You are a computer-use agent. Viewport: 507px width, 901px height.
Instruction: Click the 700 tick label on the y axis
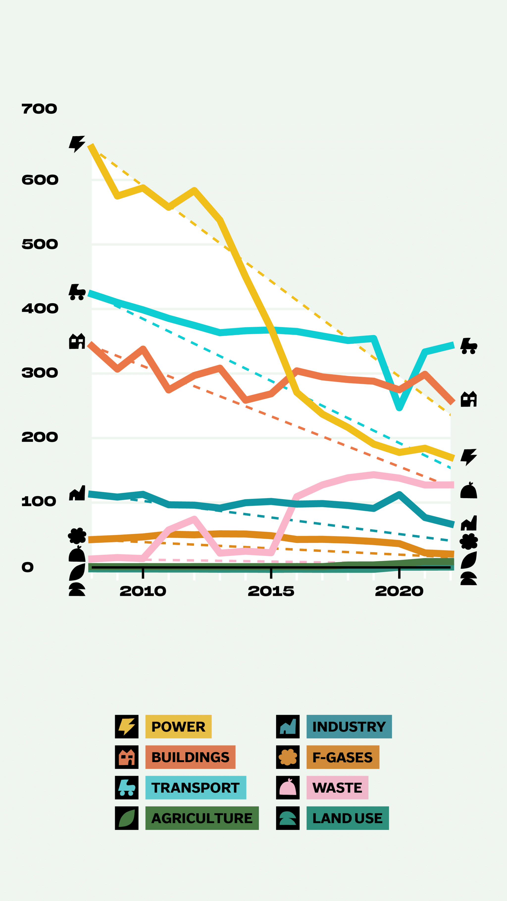coord(39,109)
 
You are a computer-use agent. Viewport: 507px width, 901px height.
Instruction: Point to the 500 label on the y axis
coord(40,244)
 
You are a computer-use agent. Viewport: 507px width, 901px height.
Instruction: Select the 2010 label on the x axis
coord(143,591)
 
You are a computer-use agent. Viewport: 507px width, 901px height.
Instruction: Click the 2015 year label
coord(271,591)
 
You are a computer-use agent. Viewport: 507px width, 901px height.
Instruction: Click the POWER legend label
coord(178,727)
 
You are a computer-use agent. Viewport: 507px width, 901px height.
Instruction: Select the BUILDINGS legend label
coord(190,757)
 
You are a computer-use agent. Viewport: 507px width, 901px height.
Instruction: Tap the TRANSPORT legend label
coord(196,788)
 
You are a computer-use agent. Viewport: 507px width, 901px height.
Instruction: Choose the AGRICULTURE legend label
coord(202,818)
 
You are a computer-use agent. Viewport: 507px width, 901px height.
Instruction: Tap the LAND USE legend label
coord(347,818)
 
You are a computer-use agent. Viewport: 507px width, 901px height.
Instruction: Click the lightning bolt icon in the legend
coord(127,727)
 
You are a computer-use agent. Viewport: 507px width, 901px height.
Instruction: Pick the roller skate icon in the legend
coord(127,788)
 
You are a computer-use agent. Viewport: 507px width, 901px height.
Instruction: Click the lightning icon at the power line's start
coord(77,144)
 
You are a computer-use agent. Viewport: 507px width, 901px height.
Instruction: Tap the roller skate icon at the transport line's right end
coord(469,346)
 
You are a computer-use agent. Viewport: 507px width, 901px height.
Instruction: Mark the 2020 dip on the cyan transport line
coord(399,408)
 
